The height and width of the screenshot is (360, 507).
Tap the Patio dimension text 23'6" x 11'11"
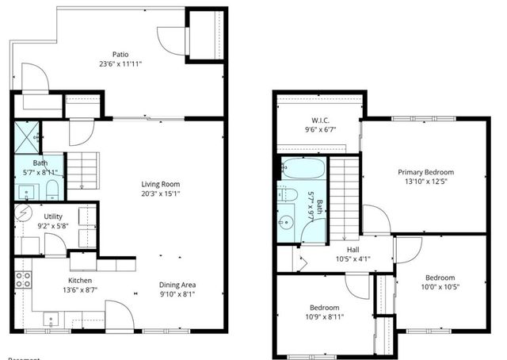[x=120, y=64]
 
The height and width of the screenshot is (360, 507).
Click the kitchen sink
[x=52, y=320]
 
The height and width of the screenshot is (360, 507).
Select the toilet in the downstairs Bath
[x=52, y=189]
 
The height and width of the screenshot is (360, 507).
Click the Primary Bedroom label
[x=425, y=172]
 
